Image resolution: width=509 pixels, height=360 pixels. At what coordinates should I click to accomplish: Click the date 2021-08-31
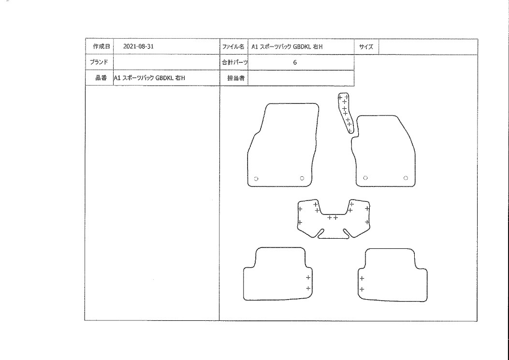(x=138, y=46)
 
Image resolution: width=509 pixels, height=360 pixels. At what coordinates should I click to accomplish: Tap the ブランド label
(x=99, y=62)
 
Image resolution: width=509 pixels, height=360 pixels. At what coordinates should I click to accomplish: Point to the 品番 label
(x=101, y=78)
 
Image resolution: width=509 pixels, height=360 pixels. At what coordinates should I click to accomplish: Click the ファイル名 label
(x=233, y=47)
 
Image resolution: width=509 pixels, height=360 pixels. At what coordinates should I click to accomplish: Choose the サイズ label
(x=366, y=47)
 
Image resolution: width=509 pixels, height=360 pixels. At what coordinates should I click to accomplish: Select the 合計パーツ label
(x=235, y=62)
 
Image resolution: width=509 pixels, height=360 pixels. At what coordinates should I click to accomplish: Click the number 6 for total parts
(x=295, y=62)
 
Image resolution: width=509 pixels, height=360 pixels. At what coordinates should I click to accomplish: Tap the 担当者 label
(x=236, y=78)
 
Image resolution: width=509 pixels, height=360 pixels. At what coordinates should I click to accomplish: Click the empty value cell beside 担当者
(x=301, y=78)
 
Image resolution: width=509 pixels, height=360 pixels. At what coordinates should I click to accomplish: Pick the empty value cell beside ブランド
(x=167, y=62)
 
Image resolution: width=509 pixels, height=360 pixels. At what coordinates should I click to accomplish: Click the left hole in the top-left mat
(x=256, y=178)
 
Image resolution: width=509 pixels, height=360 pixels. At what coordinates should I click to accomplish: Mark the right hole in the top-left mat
(x=302, y=178)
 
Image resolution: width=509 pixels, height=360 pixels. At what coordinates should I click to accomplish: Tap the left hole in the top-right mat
(x=365, y=178)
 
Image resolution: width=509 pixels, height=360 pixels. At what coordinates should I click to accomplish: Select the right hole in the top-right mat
(x=406, y=178)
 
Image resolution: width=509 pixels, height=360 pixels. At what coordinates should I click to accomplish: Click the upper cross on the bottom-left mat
(x=308, y=277)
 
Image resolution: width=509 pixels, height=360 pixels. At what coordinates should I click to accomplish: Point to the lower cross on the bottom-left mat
(x=308, y=288)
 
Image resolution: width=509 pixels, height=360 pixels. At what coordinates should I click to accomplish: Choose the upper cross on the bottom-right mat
(x=362, y=278)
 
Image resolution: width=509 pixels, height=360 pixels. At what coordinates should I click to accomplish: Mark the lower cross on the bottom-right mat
(x=362, y=289)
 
